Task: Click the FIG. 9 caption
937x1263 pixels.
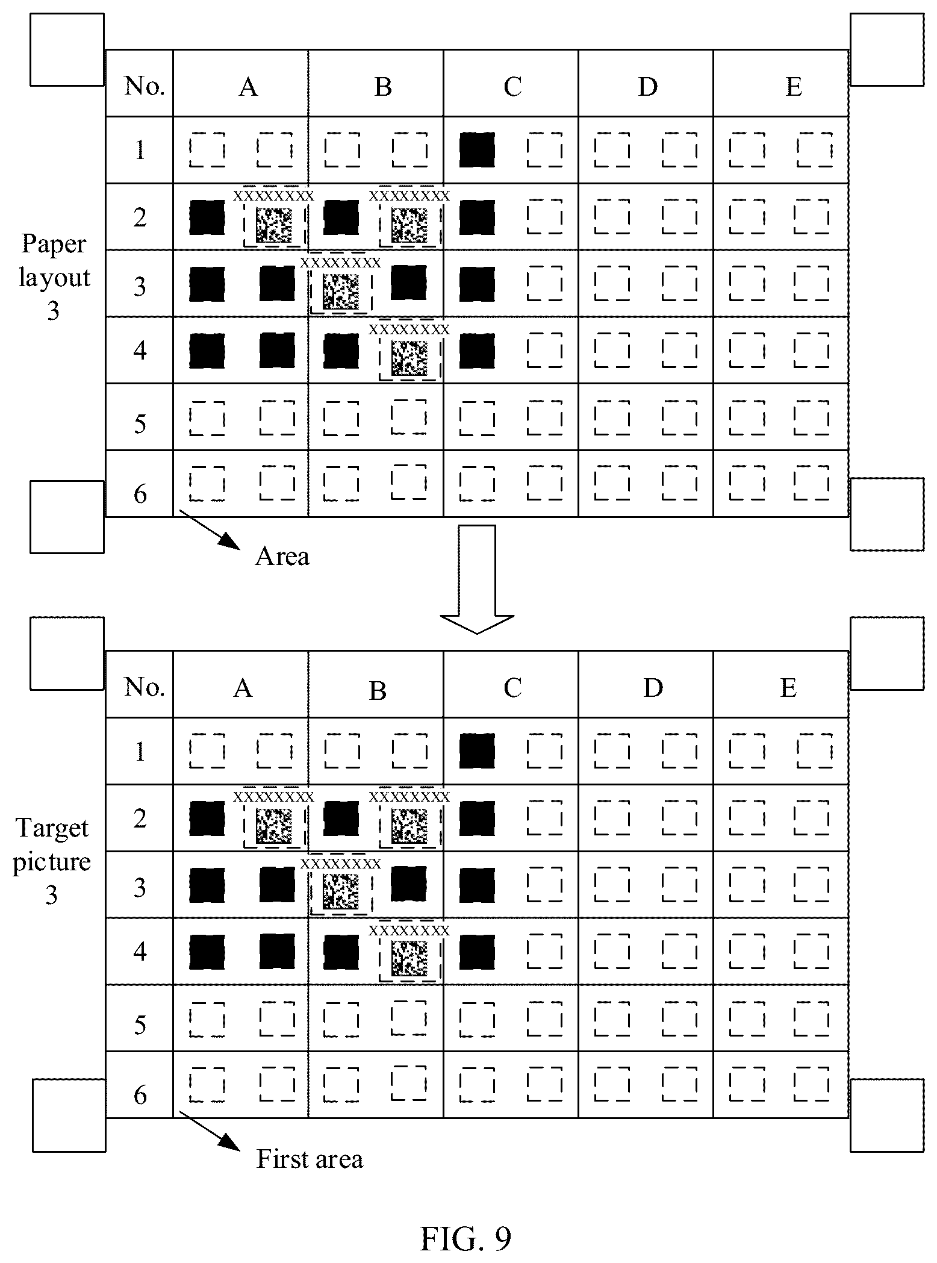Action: coord(465,1238)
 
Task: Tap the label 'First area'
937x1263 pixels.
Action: coord(310,1158)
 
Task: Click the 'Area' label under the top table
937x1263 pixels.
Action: coord(282,556)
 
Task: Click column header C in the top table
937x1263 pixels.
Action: coord(512,86)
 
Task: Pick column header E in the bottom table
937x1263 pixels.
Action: coord(788,687)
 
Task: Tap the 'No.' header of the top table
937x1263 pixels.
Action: coord(145,86)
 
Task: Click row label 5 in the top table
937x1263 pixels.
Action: coord(140,423)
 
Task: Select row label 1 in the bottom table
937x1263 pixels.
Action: coord(140,752)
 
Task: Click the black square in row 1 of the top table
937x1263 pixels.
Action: coord(477,150)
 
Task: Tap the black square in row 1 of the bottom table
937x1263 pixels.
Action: coord(477,751)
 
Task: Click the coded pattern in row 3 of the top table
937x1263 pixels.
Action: coord(341,292)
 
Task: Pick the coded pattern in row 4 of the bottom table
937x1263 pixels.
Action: coord(409,959)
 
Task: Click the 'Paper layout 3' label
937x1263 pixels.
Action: coord(54,278)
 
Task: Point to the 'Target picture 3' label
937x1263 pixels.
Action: coord(52,861)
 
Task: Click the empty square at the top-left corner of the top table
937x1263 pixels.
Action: coord(67,49)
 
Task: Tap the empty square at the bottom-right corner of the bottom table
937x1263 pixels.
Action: coord(887,1115)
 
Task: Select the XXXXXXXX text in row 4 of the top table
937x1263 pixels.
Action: coord(409,329)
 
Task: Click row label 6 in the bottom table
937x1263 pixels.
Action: coord(140,1095)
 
